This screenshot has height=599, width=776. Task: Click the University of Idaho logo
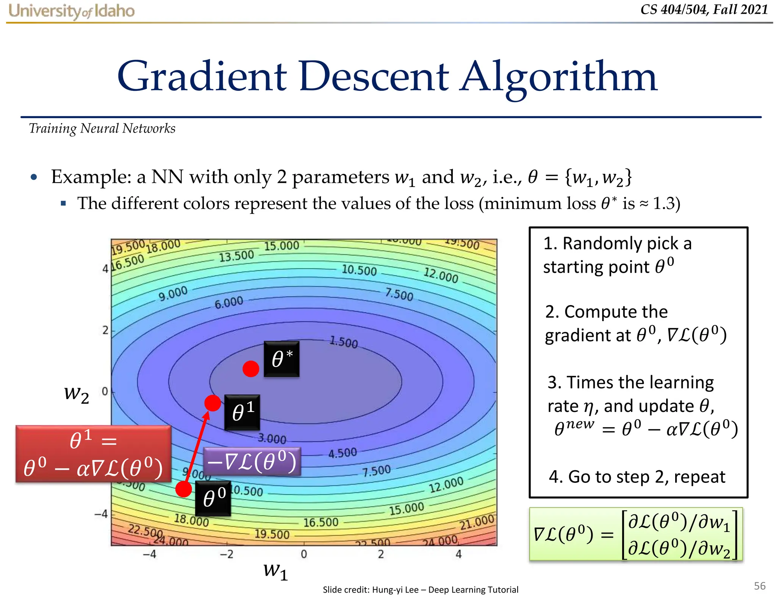tap(72, 11)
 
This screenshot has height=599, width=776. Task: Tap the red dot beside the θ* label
tap(251, 368)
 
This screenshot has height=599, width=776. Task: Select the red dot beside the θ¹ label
tap(213, 403)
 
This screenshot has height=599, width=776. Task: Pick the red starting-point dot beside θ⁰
tap(184, 489)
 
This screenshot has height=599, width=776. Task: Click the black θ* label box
tap(282, 359)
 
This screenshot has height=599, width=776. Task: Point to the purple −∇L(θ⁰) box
tap(252, 462)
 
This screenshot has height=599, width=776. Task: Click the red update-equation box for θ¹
tap(93, 454)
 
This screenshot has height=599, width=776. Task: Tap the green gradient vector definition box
tap(636, 534)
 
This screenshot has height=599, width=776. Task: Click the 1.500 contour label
tap(343, 342)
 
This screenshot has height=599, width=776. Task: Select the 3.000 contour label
tap(272, 438)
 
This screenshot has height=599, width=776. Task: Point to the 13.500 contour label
tap(236, 256)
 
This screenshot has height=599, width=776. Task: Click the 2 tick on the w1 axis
tap(381, 554)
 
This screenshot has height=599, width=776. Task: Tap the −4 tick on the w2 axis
tap(101, 514)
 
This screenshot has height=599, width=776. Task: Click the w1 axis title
tap(275, 571)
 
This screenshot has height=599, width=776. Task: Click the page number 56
tap(759, 586)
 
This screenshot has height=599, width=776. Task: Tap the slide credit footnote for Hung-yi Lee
tap(420, 590)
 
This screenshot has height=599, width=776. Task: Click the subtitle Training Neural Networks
tap(102, 128)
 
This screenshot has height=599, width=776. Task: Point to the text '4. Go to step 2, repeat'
tap(637, 477)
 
